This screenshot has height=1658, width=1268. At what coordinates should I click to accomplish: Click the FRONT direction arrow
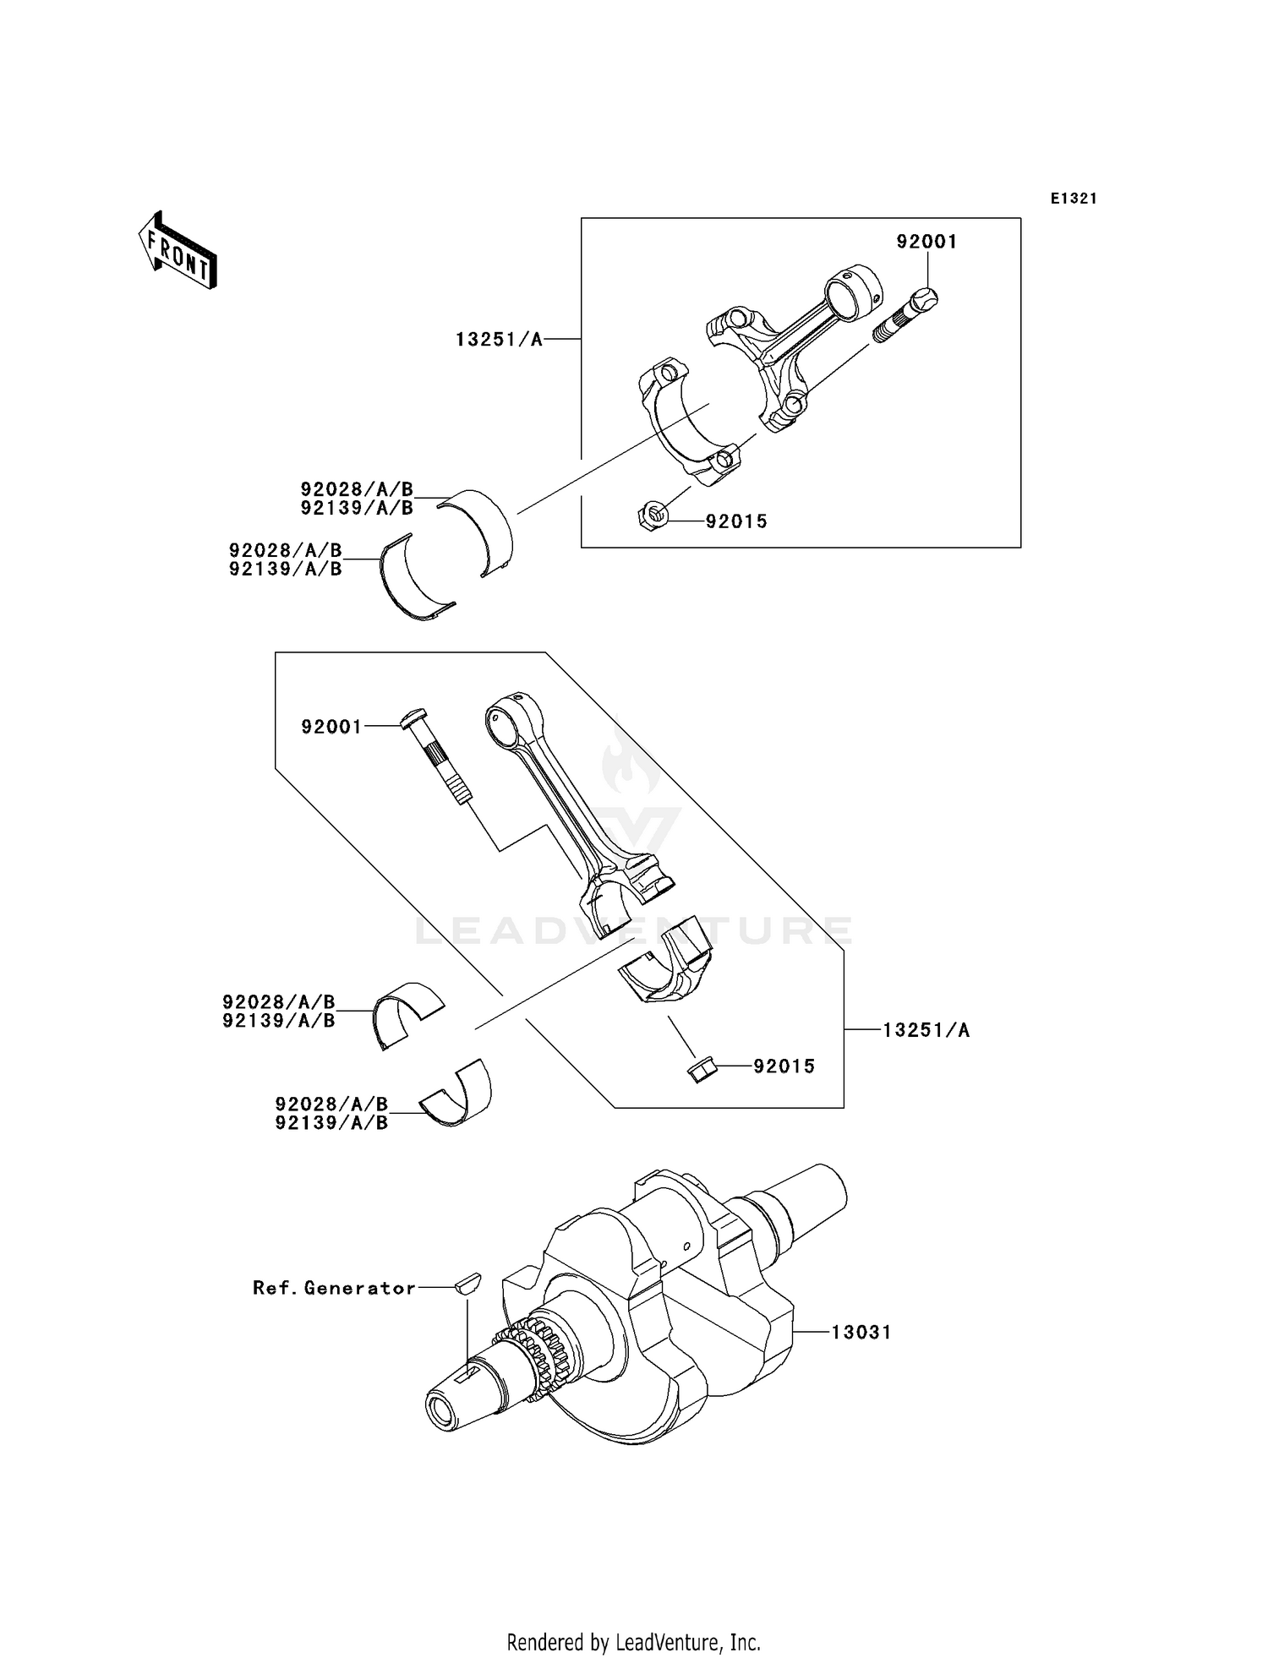click(178, 252)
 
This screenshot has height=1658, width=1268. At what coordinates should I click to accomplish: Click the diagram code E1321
click(1074, 199)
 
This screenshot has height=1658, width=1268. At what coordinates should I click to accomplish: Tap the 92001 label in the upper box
click(926, 242)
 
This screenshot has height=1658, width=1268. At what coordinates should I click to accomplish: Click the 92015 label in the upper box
click(736, 521)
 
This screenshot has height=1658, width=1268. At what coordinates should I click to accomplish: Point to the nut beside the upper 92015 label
click(651, 515)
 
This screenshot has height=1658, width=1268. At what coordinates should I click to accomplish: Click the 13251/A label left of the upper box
click(499, 340)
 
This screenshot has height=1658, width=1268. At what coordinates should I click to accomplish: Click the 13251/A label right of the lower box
click(926, 1030)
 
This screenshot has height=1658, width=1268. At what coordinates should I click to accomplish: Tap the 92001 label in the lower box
click(331, 727)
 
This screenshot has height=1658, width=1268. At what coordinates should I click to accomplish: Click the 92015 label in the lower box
click(784, 1066)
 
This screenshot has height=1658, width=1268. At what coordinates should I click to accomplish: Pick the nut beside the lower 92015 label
click(701, 1070)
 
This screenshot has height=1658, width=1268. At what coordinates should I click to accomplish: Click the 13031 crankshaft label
click(861, 1333)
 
